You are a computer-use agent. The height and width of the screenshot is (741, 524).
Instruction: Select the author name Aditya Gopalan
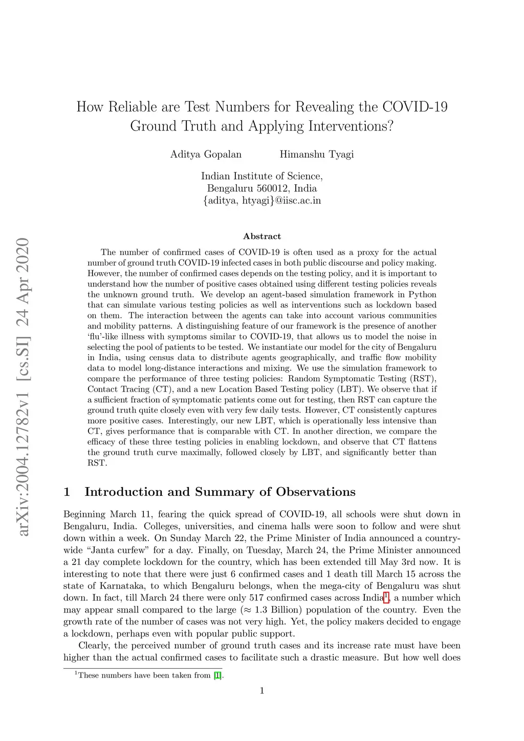206,155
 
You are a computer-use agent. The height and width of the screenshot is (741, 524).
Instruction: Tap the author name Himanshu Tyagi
317,155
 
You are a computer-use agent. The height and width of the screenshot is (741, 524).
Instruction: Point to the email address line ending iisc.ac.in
262,201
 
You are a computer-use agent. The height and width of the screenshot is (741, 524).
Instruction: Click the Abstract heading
262,236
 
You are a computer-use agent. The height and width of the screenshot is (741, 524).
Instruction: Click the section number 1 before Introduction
67,492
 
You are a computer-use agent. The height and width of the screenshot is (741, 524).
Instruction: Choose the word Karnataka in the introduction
122,586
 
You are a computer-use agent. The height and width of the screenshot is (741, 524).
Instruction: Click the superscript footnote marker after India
387,596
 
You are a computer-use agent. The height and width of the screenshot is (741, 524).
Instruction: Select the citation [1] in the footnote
218,675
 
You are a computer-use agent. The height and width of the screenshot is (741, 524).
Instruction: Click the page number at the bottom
262,691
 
